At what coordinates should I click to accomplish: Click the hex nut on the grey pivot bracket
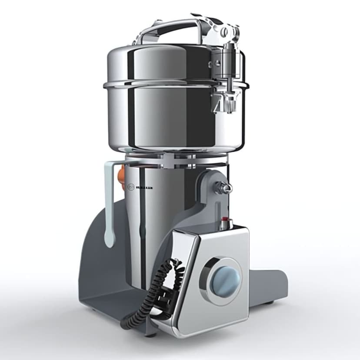click(x=225, y=188)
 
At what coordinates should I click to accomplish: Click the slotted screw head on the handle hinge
click(x=224, y=31)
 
